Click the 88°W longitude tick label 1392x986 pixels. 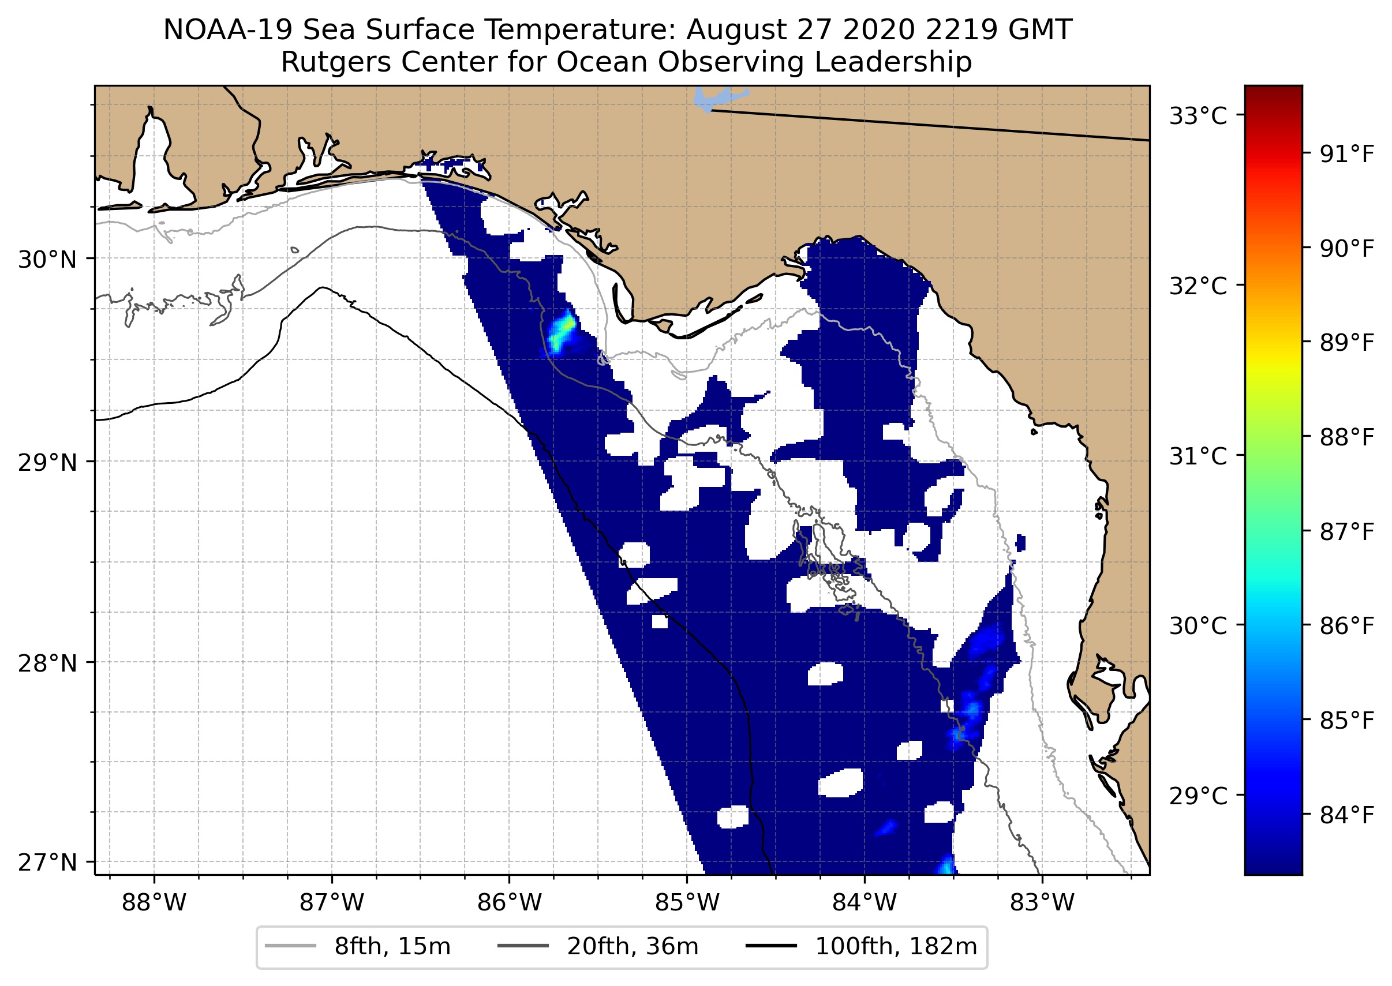[154, 903]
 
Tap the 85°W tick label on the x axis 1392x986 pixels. [687, 903]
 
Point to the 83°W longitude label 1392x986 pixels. [1042, 903]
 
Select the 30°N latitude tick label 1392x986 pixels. [47, 260]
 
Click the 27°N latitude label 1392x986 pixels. [47, 862]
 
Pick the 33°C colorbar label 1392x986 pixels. [1198, 116]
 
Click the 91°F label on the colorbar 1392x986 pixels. [1346, 155]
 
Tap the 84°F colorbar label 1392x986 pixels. [1346, 815]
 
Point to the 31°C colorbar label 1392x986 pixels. [1198, 456]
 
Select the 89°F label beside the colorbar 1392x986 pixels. [1346, 343]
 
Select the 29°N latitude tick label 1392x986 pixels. [47, 463]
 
